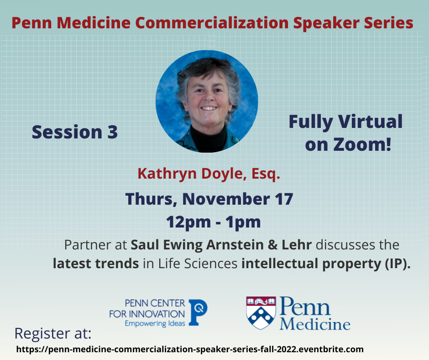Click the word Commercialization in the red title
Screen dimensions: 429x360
(x=212, y=23)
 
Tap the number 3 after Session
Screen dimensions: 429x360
(x=112, y=132)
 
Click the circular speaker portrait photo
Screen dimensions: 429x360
(x=207, y=101)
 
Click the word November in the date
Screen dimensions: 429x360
(x=226, y=199)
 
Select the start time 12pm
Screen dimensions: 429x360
(x=188, y=222)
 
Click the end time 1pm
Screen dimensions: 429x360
(x=243, y=222)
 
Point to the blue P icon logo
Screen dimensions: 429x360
(x=198, y=312)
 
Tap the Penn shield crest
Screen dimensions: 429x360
(x=261, y=312)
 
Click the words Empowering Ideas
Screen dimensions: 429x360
(x=155, y=323)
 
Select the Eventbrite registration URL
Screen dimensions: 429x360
(x=190, y=349)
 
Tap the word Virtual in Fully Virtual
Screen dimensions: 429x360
(x=370, y=122)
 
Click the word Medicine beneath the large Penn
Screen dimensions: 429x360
(x=315, y=324)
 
